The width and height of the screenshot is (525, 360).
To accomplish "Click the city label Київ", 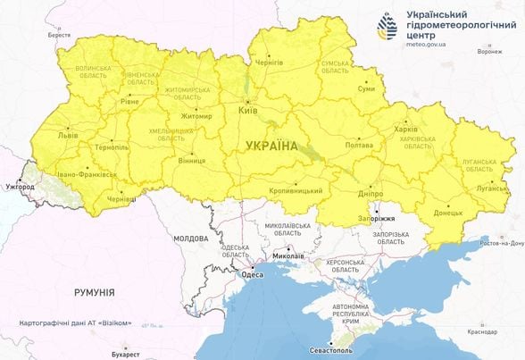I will point(249,111).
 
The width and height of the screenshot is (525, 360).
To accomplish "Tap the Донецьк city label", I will point(447,213).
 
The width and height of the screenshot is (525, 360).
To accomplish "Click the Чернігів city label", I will point(269,63).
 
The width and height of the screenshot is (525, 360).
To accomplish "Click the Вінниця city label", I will point(192,161).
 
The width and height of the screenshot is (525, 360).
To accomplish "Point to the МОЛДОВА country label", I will point(190,239).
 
